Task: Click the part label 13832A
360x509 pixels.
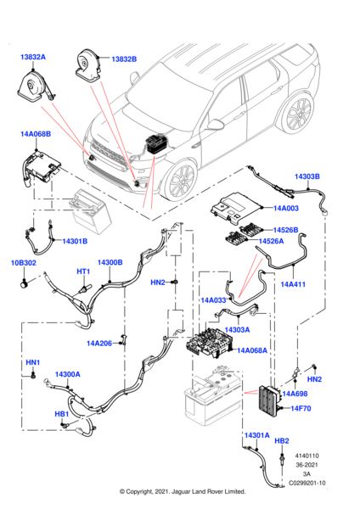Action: [33, 57]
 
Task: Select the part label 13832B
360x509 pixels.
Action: [124, 59]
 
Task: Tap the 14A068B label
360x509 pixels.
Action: [36, 134]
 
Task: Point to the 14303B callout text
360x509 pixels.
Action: [307, 176]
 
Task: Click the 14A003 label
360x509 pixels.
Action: [286, 208]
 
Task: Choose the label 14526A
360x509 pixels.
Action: [271, 241]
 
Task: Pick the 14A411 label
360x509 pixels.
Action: [293, 284]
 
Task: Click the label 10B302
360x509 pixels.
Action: [24, 263]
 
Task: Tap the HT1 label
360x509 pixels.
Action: [83, 271]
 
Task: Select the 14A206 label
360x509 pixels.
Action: [99, 343]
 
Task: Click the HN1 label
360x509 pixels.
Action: [33, 362]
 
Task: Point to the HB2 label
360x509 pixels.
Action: [282, 441]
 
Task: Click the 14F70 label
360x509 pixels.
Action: [301, 408]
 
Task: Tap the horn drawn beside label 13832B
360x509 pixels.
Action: [87, 65]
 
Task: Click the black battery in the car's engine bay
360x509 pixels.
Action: [157, 144]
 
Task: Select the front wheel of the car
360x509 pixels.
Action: [180, 178]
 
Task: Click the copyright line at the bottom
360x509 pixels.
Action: [183, 491]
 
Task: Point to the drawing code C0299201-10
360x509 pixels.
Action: [307, 483]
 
